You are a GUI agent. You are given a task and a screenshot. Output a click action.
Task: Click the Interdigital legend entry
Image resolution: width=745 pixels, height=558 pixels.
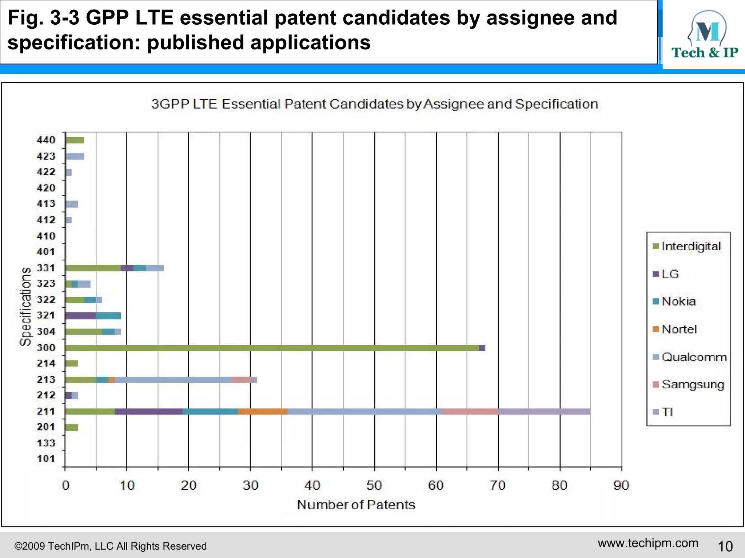[x=690, y=246]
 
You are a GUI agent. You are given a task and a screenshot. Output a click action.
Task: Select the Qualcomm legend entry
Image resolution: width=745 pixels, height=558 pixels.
[x=694, y=357]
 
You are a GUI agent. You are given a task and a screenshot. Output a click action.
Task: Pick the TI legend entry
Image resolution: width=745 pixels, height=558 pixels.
[x=667, y=412]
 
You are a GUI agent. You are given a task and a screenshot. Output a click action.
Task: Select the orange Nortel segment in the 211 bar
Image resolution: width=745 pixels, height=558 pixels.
[x=263, y=412]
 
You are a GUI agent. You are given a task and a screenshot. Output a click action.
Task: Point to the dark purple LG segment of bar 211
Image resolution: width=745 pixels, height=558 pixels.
[x=148, y=412]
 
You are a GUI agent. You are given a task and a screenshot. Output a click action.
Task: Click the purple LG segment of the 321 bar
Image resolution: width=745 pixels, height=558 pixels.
[x=81, y=316]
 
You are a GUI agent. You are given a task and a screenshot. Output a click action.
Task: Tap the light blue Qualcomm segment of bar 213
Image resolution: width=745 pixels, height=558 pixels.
[x=173, y=380]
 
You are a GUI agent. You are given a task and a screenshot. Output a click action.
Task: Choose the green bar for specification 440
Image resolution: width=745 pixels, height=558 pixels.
[x=75, y=140]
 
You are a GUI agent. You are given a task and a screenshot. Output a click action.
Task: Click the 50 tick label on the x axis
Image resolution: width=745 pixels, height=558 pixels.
[x=374, y=486]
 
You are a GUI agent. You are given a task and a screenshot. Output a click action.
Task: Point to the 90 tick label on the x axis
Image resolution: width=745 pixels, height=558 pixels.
[x=621, y=486]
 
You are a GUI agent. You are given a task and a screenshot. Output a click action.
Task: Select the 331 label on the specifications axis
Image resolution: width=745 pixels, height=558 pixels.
[x=46, y=268]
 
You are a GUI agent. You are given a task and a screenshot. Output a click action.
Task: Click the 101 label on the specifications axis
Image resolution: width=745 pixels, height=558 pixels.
[x=46, y=459]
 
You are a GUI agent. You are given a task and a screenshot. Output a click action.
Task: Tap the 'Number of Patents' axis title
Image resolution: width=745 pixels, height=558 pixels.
[x=356, y=505]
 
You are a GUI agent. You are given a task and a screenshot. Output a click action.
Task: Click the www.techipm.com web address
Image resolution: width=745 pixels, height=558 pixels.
[x=648, y=543]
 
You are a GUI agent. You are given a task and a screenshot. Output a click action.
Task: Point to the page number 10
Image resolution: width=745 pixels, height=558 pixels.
[x=725, y=546]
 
